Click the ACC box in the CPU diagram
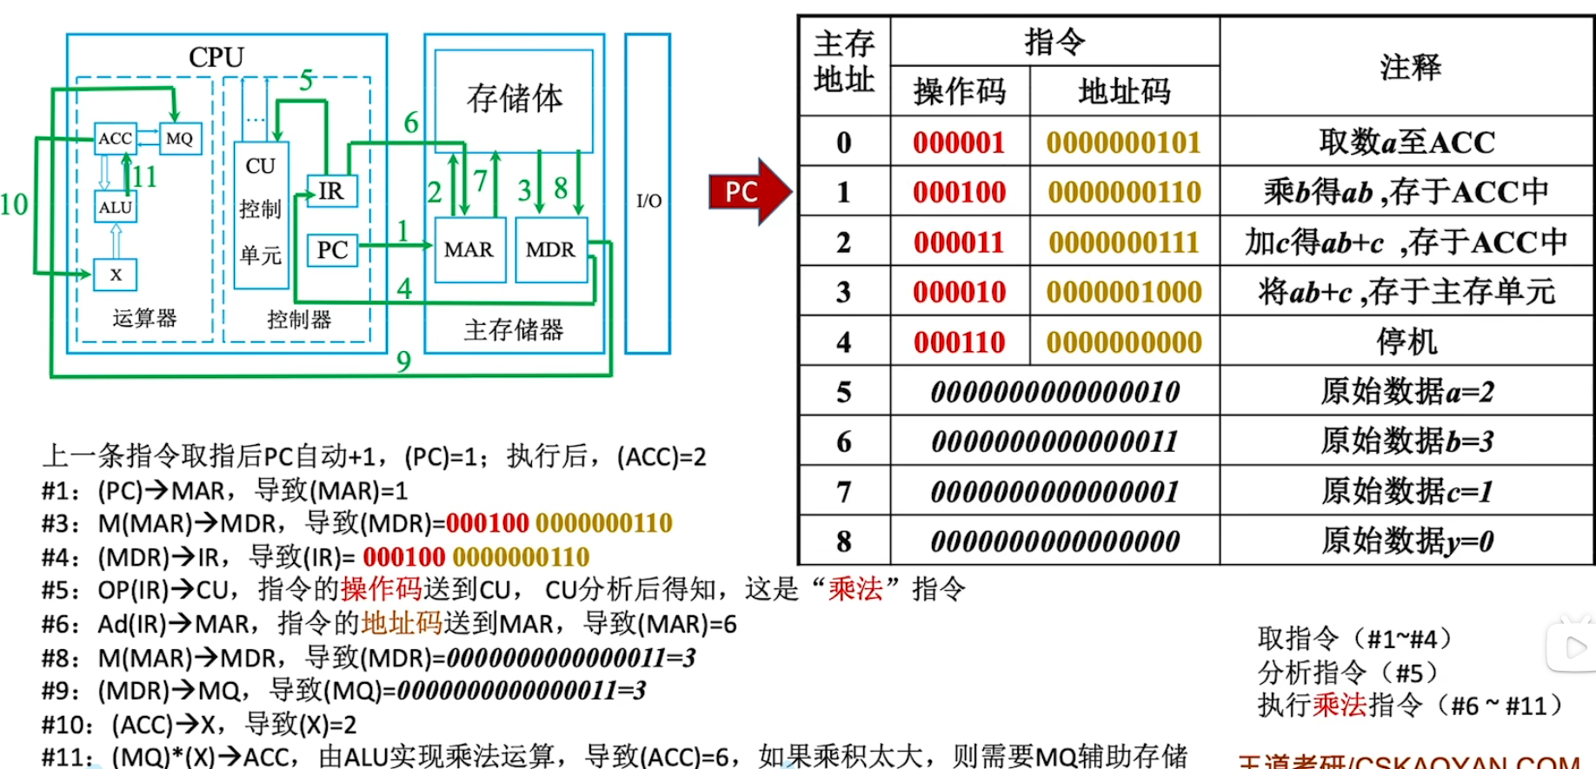[x=115, y=138]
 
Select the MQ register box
[x=180, y=138]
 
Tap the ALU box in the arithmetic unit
[x=115, y=208]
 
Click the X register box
[x=116, y=275]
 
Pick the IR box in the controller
[x=331, y=191]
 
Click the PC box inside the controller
[x=332, y=250]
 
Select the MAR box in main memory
[x=469, y=250]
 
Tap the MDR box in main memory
[x=550, y=250]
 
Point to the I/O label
[x=648, y=201]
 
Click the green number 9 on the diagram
[x=403, y=361]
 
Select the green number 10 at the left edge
[x=14, y=205]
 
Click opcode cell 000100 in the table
[x=959, y=192]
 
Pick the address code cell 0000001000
[x=1124, y=292]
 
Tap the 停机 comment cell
[x=1406, y=341]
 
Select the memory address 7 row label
[x=843, y=492]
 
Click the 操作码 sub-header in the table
[x=960, y=91]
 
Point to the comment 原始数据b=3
[x=1406, y=441]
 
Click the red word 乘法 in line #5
[x=855, y=589]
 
